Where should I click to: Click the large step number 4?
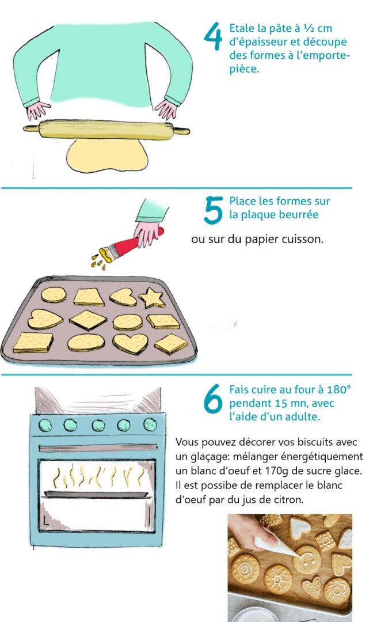point(213,36)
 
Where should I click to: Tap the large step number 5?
point(213,211)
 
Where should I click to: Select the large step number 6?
point(213,399)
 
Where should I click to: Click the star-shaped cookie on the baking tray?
point(152,298)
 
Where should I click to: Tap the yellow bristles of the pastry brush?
point(106,255)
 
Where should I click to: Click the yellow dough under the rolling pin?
point(107,155)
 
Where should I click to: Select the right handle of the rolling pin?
point(182,131)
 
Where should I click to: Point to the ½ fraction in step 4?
point(308,28)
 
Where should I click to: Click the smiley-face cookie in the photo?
point(307,560)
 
